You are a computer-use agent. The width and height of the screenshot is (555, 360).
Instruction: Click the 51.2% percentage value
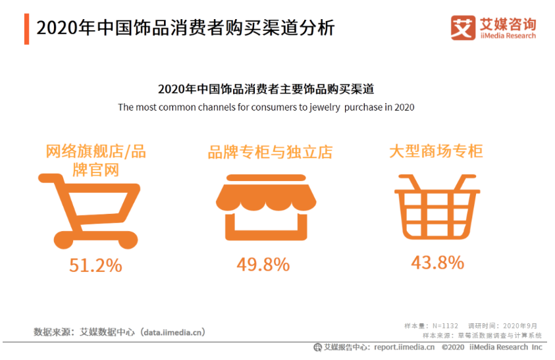click(95, 265)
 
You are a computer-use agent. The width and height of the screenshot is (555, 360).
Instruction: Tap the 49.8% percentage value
click(263, 265)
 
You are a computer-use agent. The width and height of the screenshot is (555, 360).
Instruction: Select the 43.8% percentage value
click(437, 263)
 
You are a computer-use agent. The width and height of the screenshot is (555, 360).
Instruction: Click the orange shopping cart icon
click(90, 207)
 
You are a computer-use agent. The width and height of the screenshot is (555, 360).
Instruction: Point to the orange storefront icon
click(263, 207)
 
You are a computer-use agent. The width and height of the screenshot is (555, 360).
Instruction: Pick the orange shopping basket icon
click(437, 207)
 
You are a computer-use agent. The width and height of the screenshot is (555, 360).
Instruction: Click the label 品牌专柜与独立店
click(269, 153)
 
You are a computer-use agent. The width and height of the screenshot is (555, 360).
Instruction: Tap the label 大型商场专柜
click(436, 151)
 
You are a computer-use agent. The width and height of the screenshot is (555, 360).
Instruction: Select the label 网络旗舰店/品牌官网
click(95, 160)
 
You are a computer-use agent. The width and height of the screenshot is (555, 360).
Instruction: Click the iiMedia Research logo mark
click(463, 27)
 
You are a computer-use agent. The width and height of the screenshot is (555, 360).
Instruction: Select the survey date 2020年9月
click(520, 326)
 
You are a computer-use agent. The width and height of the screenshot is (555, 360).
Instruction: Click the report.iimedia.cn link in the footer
click(404, 347)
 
